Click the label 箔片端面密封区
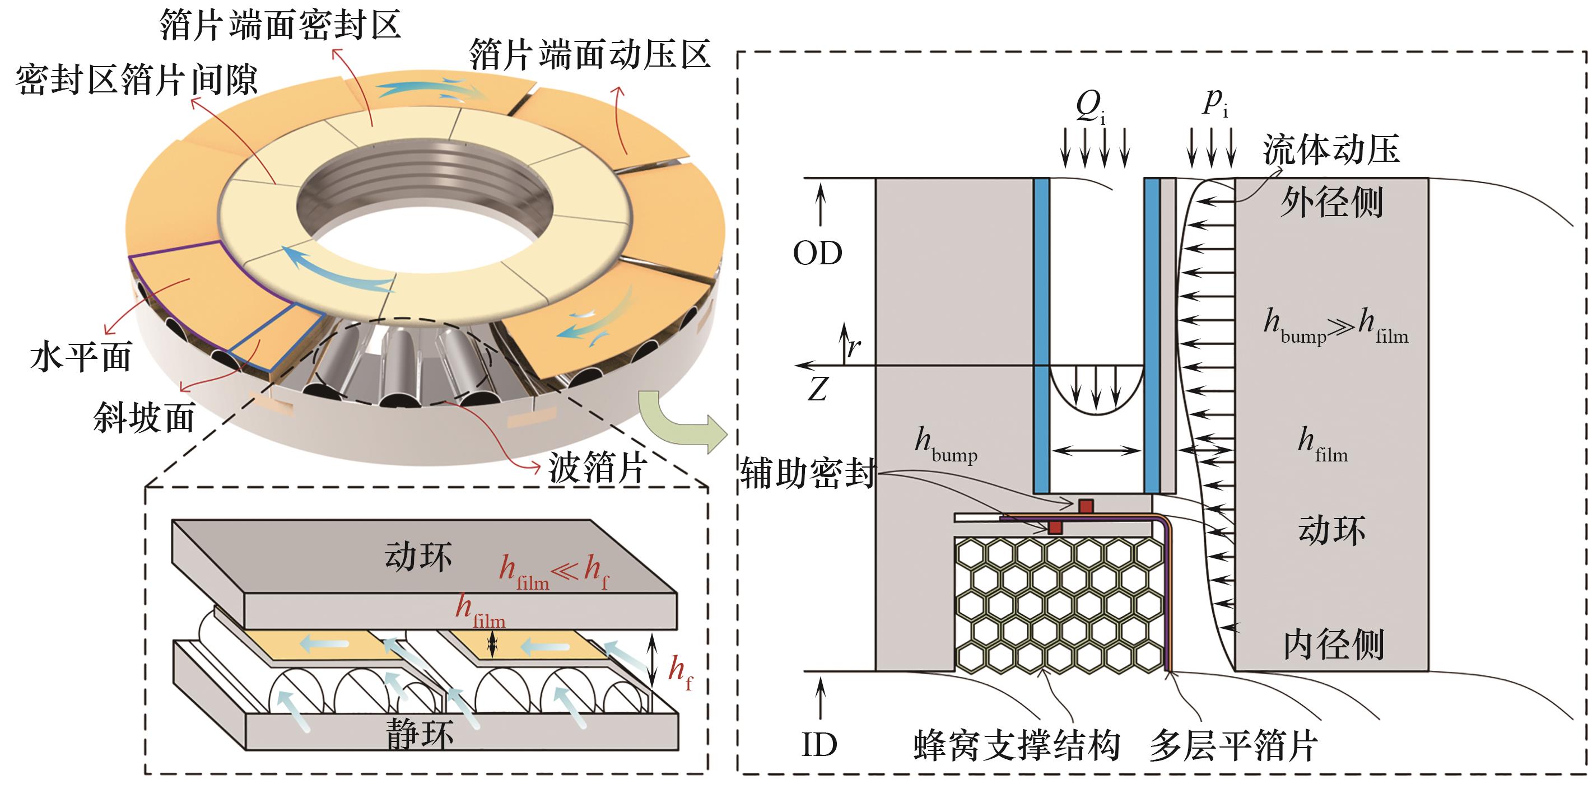pos(281,26)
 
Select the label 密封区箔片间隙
pos(137,81)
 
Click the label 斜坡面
pos(145,418)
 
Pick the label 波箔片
pos(596,468)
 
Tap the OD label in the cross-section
pos(818,253)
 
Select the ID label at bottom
pos(819,745)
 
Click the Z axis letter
pos(818,390)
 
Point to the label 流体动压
pos(1331,150)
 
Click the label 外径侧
pos(1331,202)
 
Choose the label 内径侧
pos(1333,645)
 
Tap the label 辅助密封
pos(808,473)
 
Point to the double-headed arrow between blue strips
pos(1096,451)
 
